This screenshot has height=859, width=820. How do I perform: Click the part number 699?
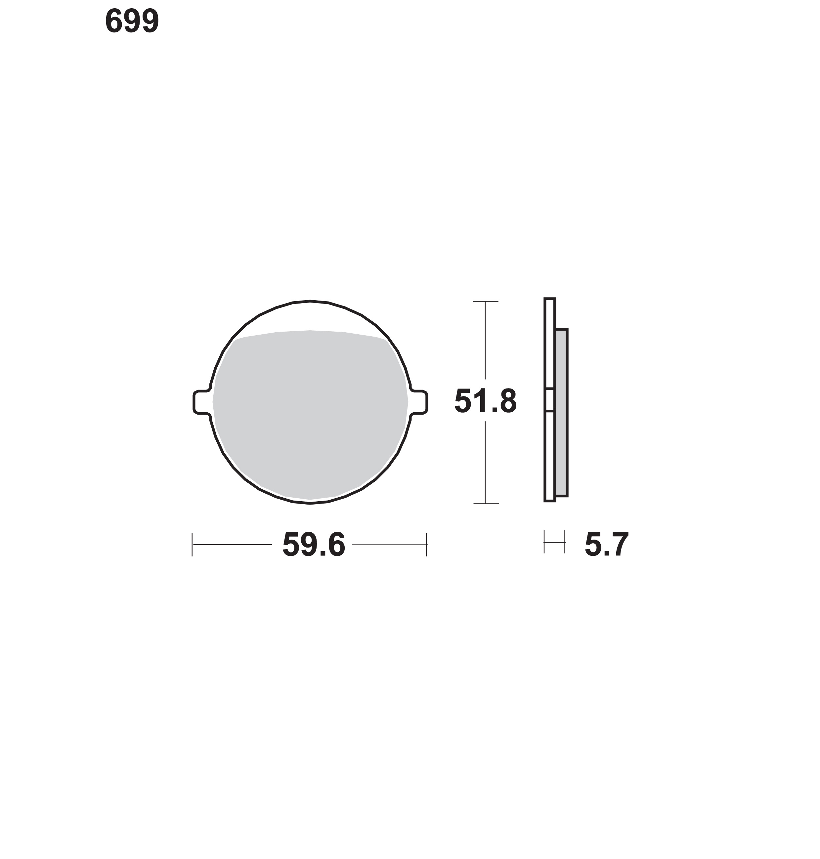pos(132,21)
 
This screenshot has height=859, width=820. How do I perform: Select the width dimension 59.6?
pos(314,545)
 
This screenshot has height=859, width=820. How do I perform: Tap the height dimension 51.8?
pos(486,401)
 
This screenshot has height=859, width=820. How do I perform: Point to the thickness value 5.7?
pos(607,545)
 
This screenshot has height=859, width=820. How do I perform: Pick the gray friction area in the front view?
pos(310,415)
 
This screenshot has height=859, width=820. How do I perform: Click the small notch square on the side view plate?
pos(549,399)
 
